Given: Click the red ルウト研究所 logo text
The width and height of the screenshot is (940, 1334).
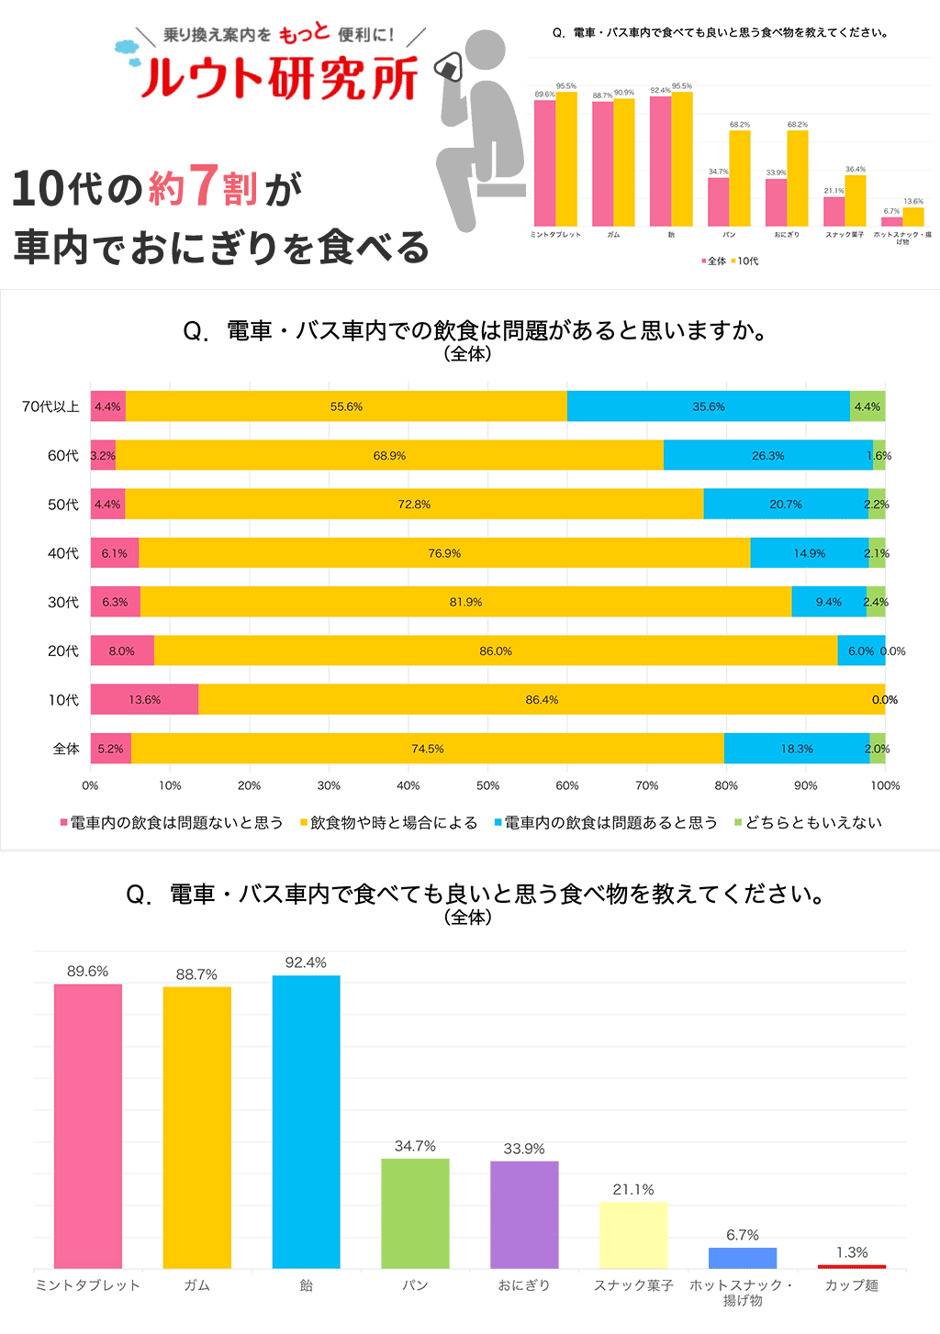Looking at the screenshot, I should [x=279, y=77].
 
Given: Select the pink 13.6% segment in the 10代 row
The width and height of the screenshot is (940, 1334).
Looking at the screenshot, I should [x=144, y=699].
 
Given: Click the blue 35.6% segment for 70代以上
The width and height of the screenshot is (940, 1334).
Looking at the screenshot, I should [x=708, y=406].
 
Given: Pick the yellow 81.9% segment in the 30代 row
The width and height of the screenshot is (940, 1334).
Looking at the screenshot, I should [x=465, y=602].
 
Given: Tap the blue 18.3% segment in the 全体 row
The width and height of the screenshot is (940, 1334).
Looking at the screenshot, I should [x=796, y=749].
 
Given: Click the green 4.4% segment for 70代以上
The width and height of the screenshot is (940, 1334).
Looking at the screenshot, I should [x=867, y=406].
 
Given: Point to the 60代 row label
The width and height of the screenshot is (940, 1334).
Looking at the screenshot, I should [x=63, y=456].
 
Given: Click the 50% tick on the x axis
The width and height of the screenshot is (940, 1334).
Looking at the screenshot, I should [x=487, y=785].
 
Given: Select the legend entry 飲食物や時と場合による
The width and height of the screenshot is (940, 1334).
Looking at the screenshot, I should [x=393, y=823].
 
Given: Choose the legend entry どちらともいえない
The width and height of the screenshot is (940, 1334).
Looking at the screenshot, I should [x=812, y=823].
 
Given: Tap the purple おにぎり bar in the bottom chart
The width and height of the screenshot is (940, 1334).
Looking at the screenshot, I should [x=524, y=1215].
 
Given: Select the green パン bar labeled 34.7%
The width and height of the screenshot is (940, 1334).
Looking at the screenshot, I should [x=415, y=1213].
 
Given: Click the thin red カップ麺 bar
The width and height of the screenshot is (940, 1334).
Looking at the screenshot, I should [x=852, y=1266].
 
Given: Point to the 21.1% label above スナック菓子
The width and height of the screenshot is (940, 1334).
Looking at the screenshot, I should [x=633, y=1190].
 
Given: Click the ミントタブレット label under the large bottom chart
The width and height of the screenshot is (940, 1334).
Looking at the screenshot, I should [x=87, y=1285].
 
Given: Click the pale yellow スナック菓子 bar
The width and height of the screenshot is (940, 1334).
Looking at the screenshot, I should [x=633, y=1235].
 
